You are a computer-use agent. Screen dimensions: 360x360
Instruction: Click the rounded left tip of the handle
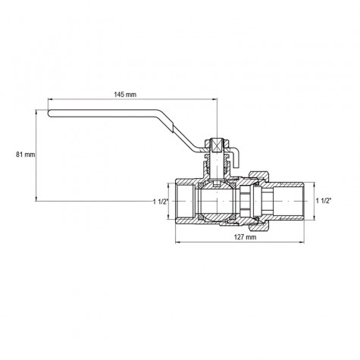coord(50,115)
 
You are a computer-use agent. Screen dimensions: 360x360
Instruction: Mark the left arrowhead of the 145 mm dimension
coord(50,100)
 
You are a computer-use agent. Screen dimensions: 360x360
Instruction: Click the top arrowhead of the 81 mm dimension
coord(36,111)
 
